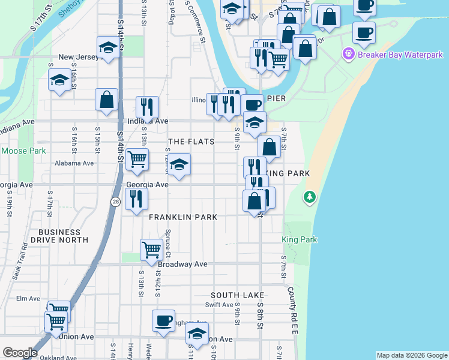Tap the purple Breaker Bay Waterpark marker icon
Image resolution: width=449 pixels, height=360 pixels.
point(349,55)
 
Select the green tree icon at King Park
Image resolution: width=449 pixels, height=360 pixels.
point(310,196)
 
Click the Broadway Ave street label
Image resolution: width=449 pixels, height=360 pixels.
point(182,264)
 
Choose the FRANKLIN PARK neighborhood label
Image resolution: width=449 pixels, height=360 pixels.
point(182,217)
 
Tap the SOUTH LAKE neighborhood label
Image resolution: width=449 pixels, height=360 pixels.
point(238,295)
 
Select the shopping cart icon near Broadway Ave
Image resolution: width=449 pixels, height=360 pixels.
point(151,248)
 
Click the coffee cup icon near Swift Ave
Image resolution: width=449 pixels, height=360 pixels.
point(163,320)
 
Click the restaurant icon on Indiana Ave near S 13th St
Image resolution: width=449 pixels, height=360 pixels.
point(147,107)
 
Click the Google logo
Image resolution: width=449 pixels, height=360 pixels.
point(20,353)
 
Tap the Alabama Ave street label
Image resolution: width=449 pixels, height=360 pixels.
point(74,163)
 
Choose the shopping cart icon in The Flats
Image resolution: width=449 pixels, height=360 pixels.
point(137,159)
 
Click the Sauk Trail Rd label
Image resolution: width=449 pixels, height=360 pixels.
point(19,261)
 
